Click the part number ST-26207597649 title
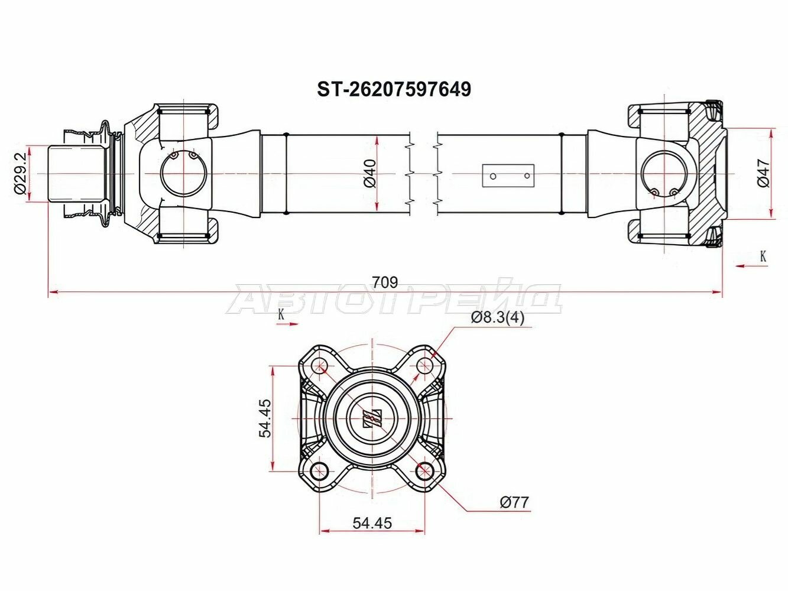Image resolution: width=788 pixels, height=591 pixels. click(x=394, y=90)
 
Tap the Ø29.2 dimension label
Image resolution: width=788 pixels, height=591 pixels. click(x=20, y=173)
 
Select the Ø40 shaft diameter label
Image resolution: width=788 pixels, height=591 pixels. click(x=370, y=174)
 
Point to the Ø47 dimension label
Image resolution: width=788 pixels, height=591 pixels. click(x=764, y=173)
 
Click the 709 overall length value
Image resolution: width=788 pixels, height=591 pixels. click(x=384, y=282)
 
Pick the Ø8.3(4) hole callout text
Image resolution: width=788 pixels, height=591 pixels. click(x=497, y=317)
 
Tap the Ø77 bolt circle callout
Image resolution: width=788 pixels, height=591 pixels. click(x=514, y=502)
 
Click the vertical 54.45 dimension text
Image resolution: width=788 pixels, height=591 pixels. click(x=265, y=418)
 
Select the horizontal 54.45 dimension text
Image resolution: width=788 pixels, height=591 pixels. click(x=372, y=523)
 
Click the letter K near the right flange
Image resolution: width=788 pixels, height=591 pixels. click(x=763, y=256)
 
